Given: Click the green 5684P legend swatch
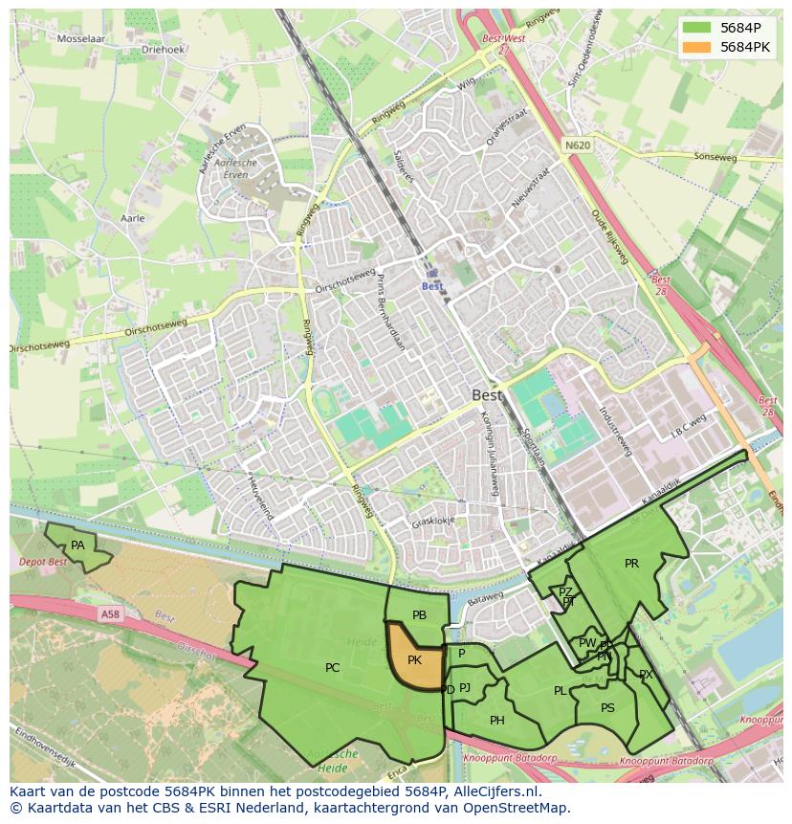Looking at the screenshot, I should pos(698,28).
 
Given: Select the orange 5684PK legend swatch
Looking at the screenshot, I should pos(698,47).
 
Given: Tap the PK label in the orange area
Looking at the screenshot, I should pos(414,660).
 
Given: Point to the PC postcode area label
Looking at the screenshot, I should pos(332,668).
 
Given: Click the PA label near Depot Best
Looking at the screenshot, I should pos(78,546).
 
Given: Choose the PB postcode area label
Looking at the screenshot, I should pos(419,615).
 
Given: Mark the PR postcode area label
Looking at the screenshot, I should pos(631,564).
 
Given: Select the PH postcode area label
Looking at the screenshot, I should pos(497,721).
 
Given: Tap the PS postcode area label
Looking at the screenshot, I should pos(607,708).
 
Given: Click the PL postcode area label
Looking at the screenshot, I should pos(560,691).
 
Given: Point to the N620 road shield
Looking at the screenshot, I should pos(577,145).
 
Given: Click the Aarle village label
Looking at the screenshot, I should pos(132,218).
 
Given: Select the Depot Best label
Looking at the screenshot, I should pos(44,562).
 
